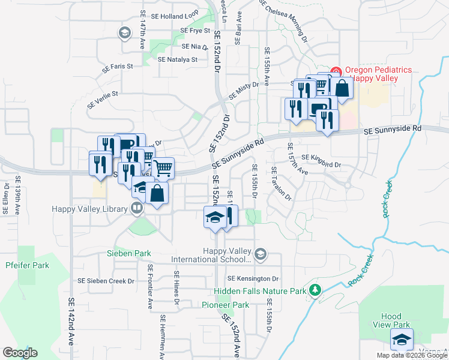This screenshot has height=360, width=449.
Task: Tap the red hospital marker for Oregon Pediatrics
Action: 336,70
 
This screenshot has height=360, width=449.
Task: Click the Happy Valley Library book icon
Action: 137,209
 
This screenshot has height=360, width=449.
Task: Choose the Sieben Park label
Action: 129,254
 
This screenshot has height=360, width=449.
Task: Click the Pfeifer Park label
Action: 27,265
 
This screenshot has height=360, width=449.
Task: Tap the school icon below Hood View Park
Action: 402,340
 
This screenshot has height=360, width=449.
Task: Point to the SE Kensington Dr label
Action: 254,279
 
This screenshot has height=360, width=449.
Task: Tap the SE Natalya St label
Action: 177,59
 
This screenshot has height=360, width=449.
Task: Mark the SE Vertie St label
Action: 103,98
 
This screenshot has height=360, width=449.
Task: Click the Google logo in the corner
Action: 20,352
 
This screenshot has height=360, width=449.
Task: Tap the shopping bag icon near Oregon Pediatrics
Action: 342,88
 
